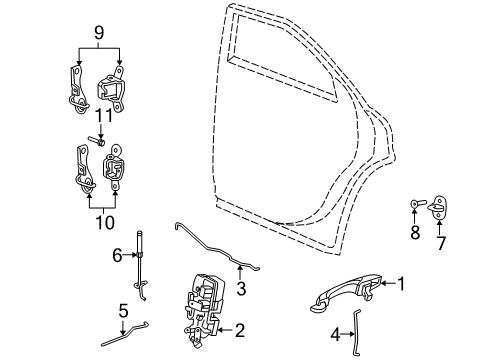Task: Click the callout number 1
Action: point(401,283)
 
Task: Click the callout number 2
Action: point(238,327)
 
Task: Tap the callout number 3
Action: point(240,290)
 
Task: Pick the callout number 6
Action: point(117,256)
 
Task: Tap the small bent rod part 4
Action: point(355,326)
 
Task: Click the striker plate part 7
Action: point(437,210)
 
